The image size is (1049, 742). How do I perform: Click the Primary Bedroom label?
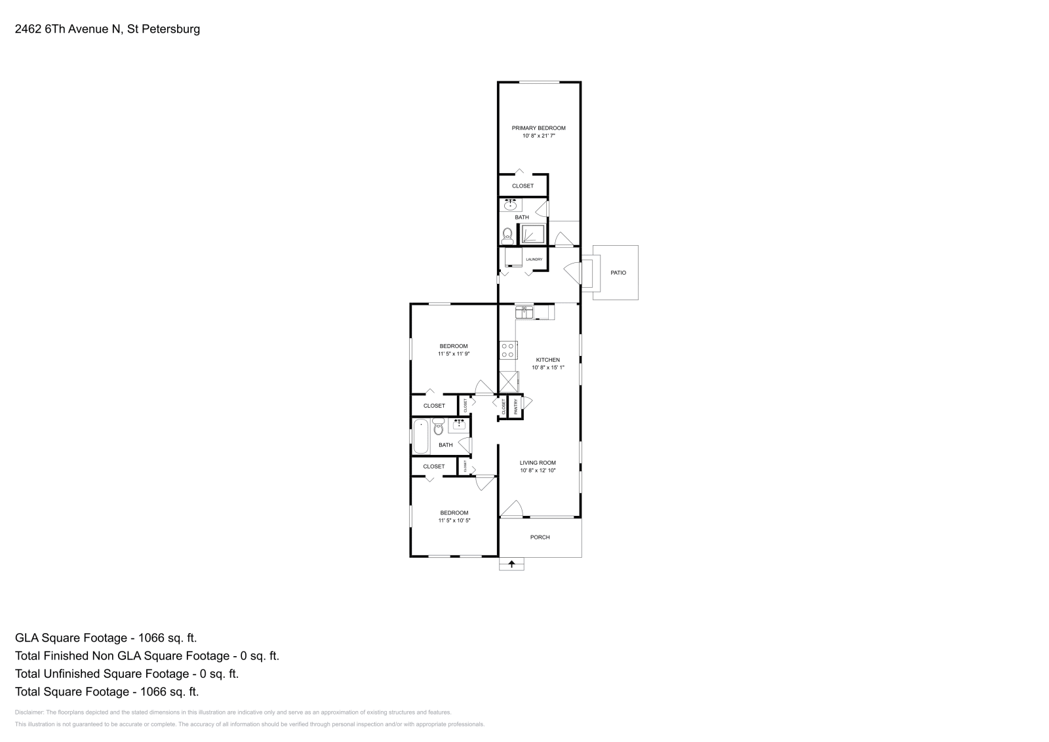click(538, 128)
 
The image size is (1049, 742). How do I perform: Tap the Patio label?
click(618, 273)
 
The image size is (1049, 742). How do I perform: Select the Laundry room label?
click(534, 260)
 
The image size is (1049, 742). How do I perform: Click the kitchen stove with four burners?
click(507, 350)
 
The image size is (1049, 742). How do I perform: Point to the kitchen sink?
click(525, 312)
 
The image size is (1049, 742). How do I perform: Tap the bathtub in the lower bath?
click(420, 436)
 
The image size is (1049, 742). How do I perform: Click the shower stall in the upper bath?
click(532, 234)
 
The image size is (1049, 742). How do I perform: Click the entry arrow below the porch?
click(511, 564)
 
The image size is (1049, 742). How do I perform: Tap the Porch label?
click(540, 537)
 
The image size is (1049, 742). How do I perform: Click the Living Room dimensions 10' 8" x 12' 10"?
click(538, 471)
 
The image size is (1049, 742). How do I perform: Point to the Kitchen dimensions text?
click(547, 368)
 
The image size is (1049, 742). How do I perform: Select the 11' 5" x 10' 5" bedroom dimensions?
click(454, 520)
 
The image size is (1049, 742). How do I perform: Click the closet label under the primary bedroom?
click(523, 186)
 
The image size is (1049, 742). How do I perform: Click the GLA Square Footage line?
click(106, 638)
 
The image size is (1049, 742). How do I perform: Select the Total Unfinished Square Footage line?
click(127, 674)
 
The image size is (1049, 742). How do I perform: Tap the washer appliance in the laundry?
click(513, 257)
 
